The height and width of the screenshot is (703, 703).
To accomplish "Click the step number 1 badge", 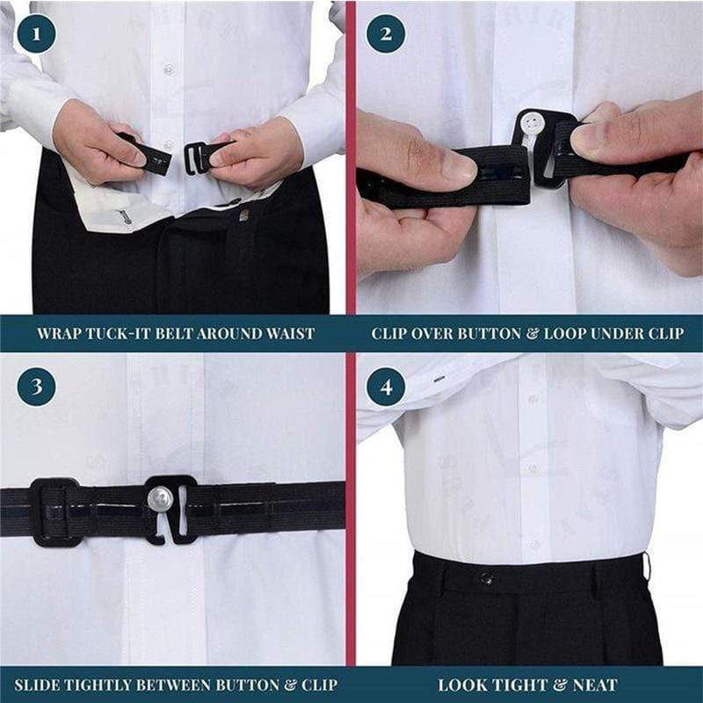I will point(36,34).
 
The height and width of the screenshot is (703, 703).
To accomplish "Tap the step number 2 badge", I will point(386,34).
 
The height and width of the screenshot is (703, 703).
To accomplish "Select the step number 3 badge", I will point(36,387).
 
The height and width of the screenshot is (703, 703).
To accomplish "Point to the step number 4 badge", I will point(386,387).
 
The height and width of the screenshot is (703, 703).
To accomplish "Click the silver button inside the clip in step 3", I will point(159,501).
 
